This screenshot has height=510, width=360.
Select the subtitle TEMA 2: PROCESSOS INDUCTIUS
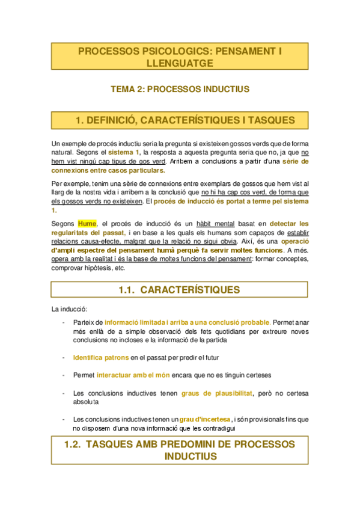180,89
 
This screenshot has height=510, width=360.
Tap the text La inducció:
69,310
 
